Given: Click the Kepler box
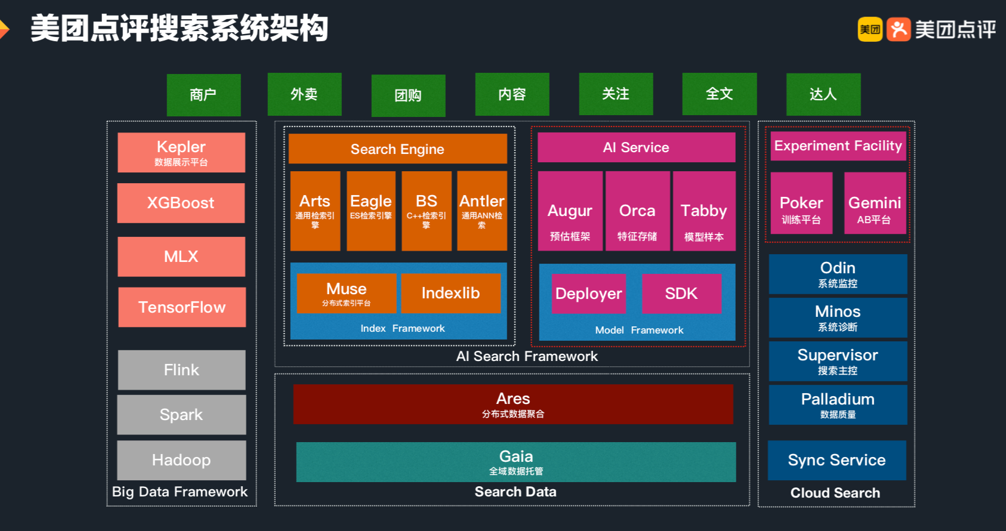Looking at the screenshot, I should [181, 153].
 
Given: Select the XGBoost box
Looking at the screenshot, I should [181, 203].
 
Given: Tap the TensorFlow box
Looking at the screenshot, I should [181, 307].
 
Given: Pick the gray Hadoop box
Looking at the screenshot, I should [181, 460].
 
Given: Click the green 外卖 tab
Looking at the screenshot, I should [304, 94].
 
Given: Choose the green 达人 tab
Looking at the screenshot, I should [823, 94].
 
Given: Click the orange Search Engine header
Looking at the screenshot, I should [397, 149].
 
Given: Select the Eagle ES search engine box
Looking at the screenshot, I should [371, 211].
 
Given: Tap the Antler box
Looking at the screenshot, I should [482, 211].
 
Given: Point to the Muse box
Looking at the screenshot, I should [346, 294].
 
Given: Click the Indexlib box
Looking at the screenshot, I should [450, 293].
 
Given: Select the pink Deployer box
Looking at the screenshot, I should [588, 294].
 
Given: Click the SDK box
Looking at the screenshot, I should [681, 294].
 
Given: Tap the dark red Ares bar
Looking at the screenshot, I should [513, 404].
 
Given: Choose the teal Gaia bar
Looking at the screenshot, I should [516, 462].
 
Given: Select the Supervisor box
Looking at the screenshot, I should [838, 361].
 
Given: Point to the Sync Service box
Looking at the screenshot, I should [837, 460].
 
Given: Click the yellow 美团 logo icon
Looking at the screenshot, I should [870, 29].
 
